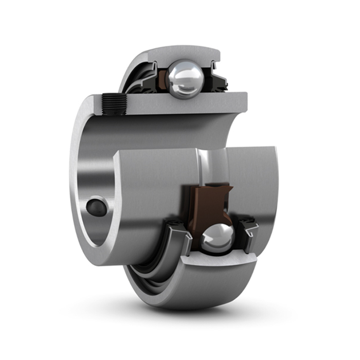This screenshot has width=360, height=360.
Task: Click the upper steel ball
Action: [x=186, y=78]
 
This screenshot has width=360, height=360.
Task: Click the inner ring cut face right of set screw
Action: [x=185, y=103]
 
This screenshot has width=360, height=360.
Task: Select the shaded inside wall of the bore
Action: [x=154, y=131]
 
